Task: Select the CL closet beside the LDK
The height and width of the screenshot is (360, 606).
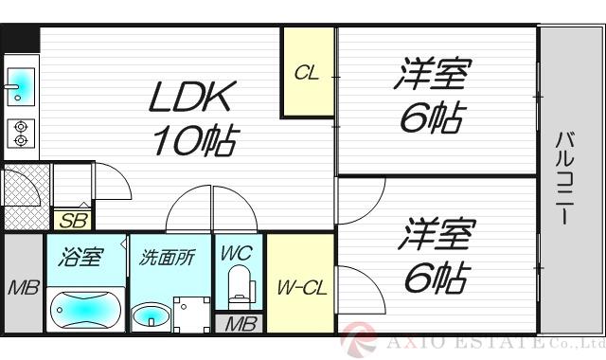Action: [306, 73]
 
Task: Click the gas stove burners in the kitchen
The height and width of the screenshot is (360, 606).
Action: [19, 133]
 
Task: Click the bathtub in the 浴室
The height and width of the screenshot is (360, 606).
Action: [84, 308]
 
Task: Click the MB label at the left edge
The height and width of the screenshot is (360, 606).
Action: [23, 287]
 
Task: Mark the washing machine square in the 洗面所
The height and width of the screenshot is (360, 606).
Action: [191, 312]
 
